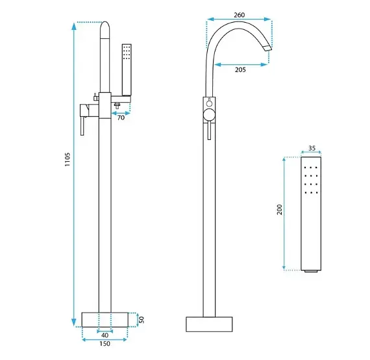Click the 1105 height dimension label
(68, 159)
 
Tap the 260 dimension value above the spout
(240, 15)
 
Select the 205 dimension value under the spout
(240, 70)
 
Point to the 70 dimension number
(121, 118)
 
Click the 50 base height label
(141, 320)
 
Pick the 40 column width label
(105, 335)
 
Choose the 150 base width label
(105, 344)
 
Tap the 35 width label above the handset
(312, 148)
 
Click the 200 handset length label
(280, 209)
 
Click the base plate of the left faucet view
(105, 320)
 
